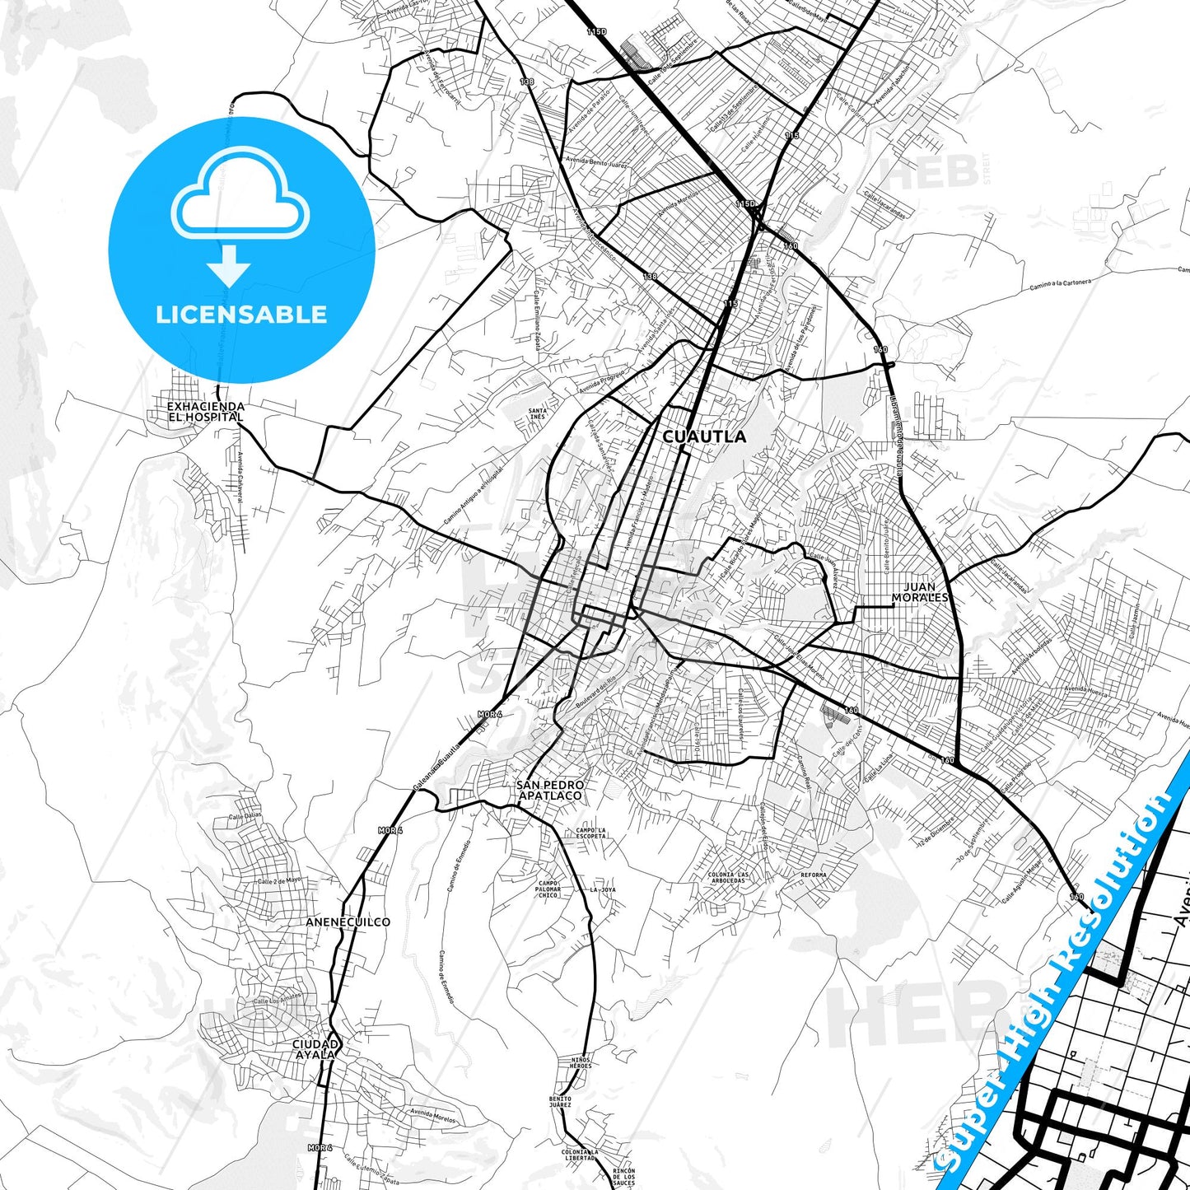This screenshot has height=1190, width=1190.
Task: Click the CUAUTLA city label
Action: coord(704,436)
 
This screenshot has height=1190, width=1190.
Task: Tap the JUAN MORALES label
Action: coord(920,592)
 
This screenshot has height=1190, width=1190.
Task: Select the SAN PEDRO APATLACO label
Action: coord(550,791)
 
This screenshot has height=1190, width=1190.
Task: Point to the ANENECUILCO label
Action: coord(348,922)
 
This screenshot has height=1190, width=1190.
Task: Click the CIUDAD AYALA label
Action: coord(315,1049)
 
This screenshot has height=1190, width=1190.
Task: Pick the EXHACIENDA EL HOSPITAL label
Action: coord(205,412)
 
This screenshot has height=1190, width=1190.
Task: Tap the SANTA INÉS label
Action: coord(537,413)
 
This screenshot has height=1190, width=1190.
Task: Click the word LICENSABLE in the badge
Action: coord(241,315)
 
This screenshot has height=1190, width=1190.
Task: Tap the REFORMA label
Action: coord(814,875)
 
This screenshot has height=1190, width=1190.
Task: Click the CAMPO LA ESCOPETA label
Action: coord(590,833)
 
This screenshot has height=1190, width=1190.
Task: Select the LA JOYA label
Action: coord(602,890)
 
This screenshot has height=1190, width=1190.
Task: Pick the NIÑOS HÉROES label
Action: coord(580,1062)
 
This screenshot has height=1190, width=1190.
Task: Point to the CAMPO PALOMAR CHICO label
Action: coord(548,889)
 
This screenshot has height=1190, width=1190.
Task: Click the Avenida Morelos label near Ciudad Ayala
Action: coord(432,1116)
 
